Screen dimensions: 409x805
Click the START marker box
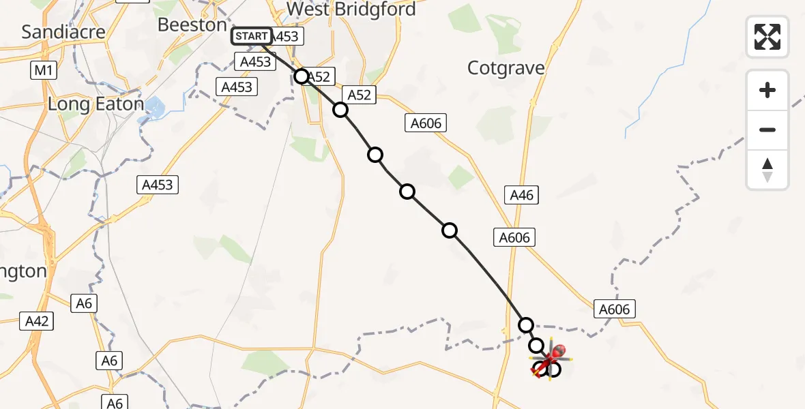pos(252,36)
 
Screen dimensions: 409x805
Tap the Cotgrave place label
pos(506,68)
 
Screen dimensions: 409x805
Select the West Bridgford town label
pos(351,10)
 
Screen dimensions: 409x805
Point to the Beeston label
pos(192,25)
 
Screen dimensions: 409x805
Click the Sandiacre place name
pos(63,31)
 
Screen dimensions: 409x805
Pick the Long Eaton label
pos(96,104)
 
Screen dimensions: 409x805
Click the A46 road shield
pos(522,196)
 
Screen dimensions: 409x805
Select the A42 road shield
pos(37,321)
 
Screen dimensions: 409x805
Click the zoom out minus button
pos(767,130)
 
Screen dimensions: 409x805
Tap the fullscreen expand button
pos(767,37)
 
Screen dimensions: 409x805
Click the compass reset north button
pos(767,170)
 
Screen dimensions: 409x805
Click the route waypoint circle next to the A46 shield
pos(526,324)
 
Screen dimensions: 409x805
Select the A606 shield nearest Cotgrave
pos(426,123)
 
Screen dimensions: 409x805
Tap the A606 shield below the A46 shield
pos(514,237)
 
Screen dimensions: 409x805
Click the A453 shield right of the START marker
pos(286,37)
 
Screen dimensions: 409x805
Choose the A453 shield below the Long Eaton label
pos(158,184)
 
